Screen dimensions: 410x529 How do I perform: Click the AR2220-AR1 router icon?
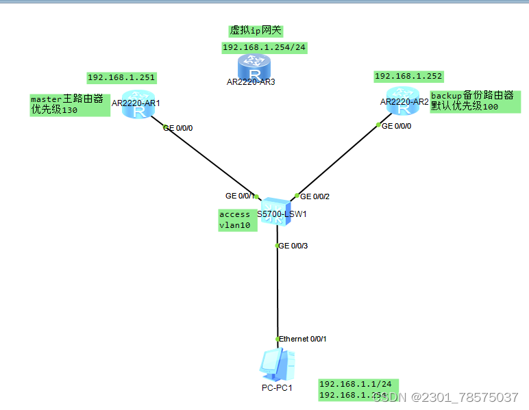pyautogui.click(x=140, y=103)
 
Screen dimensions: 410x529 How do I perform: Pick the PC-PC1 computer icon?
pyautogui.click(x=277, y=366)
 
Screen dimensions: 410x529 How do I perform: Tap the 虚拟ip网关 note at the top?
pyautogui.click(x=256, y=31)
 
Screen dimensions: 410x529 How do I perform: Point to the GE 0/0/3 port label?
pyautogui.click(x=293, y=246)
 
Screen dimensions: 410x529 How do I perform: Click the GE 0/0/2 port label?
pyautogui.click(x=315, y=196)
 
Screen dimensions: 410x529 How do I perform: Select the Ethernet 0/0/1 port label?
pyautogui.click(x=302, y=339)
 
